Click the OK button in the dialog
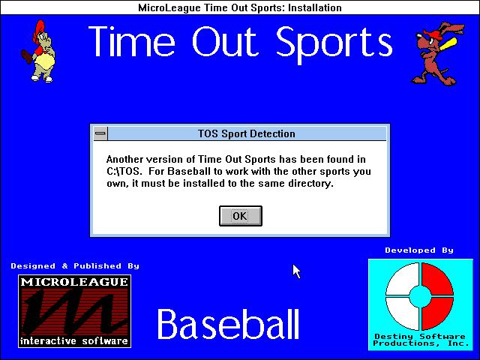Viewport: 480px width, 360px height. tap(241, 216)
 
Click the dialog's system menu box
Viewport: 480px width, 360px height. tap(100, 133)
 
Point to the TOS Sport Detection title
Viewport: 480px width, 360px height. tap(247, 133)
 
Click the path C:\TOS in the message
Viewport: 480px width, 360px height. tap(124, 171)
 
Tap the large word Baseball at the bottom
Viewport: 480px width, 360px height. tap(228, 324)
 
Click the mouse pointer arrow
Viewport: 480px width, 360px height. tap(296, 271)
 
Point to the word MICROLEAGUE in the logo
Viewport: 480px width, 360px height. tap(74, 282)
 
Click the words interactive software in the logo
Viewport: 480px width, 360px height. tap(74, 340)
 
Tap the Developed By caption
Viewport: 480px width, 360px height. tap(419, 250)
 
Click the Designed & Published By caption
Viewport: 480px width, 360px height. tap(75, 265)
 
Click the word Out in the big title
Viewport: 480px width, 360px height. tap(223, 41)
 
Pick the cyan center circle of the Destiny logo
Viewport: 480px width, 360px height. tap(420, 296)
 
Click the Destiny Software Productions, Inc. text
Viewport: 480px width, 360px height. tap(421, 340)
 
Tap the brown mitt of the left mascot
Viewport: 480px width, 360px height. tap(27, 57)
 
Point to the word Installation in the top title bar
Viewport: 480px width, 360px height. tap(315, 7)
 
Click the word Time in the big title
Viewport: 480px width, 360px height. tap(132, 41)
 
